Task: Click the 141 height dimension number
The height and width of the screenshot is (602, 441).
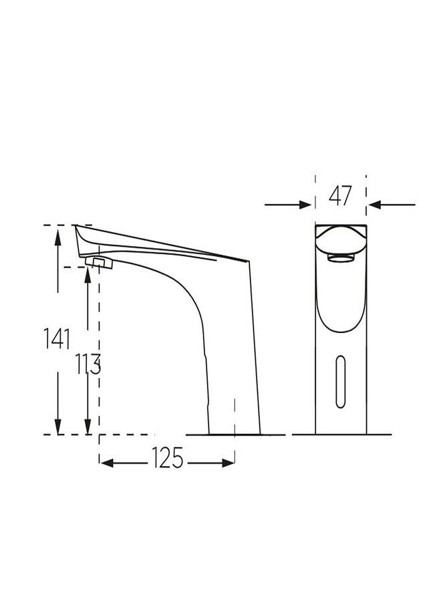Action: click(x=58, y=339)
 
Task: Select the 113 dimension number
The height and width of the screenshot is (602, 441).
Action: click(x=88, y=365)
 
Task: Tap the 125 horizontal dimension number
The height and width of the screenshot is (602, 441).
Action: click(x=167, y=460)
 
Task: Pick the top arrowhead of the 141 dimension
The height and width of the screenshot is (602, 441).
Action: click(x=58, y=231)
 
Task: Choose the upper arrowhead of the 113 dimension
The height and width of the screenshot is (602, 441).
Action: click(x=88, y=272)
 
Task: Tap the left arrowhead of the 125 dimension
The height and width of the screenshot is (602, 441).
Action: click(x=106, y=462)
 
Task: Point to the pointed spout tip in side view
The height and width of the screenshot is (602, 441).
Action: click(x=75, y=227)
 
